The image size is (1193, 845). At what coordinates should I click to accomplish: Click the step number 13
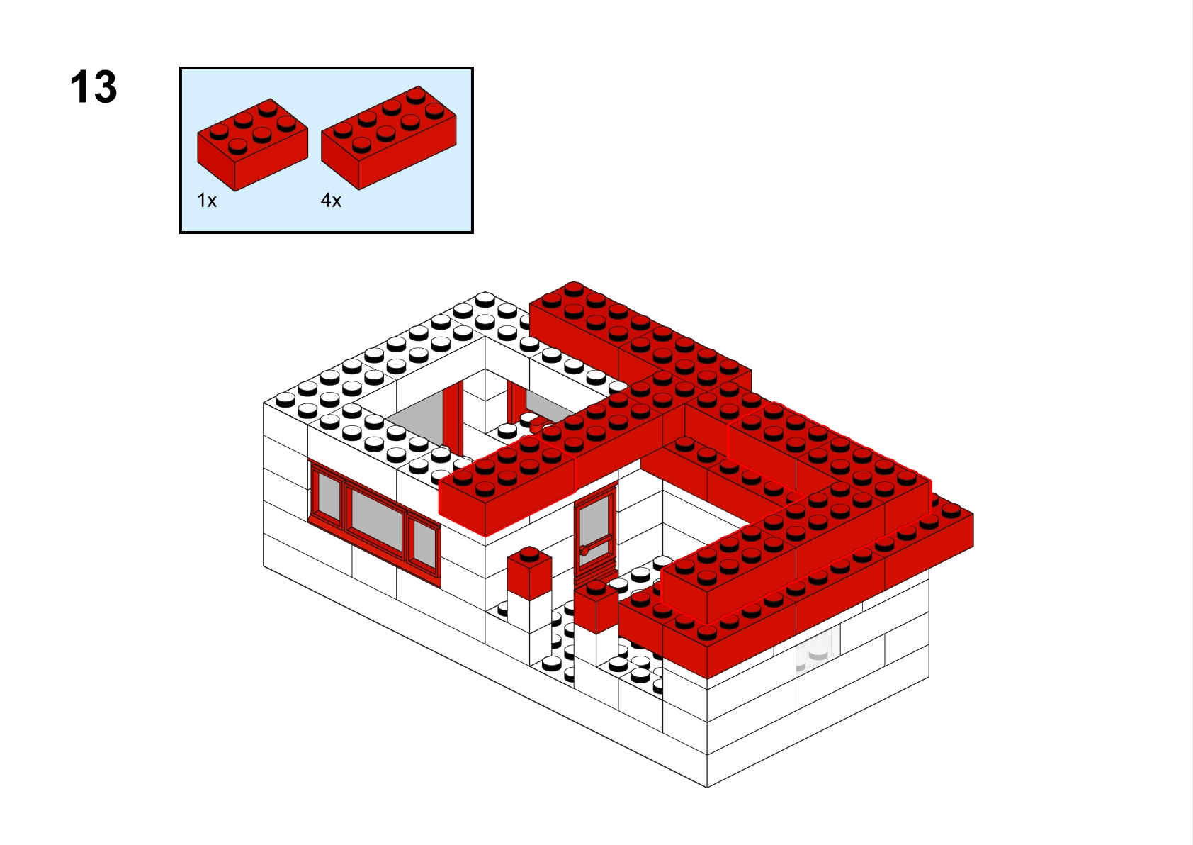[x=94, y=86]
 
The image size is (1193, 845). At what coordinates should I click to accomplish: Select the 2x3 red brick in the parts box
[x=252, y=145]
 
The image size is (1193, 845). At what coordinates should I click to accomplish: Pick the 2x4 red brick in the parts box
[x=388, y=138]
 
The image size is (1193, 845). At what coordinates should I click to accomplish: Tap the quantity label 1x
[x=207, y=201]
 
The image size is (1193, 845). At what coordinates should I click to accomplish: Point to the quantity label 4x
[x=331, y=201]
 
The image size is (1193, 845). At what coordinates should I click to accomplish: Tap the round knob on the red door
[x=584, y=550]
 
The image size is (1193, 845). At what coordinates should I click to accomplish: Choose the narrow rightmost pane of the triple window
[x=424, y=544]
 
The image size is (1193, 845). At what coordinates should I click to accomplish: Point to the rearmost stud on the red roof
[x=574, y=289]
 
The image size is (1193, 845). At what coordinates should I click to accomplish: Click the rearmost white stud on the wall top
[x=485, y=298]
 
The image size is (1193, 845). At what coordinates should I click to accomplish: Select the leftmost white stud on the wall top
[x=285, y=398]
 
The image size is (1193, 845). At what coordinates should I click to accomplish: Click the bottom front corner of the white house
[x=707, y=787]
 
